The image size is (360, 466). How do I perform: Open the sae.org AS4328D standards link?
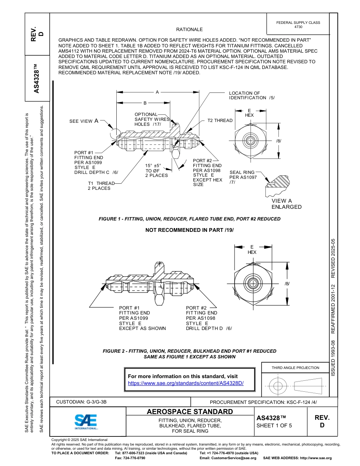[x=186, y=383]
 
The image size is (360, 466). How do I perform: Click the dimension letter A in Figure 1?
[x=157, y=92]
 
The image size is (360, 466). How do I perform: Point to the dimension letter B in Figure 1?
[x=145, y=103]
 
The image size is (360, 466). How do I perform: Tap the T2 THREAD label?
[x=220, y=120]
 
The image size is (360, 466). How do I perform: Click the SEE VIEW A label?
[x=84, y=121]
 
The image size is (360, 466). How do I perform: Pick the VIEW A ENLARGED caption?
[x=286, y=204]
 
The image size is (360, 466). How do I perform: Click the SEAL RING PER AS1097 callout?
[x=243, y=177]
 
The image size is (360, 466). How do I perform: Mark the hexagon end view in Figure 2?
[x=252, y=283]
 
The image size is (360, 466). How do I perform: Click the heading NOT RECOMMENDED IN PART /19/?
[x=189, y=230]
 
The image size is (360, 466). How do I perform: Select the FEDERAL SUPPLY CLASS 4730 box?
[x=298, y=25]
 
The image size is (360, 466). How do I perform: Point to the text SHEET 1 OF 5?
[x=274, y=425]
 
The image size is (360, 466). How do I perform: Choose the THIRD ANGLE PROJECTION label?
[x=295, y=367]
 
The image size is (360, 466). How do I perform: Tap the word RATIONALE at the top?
[x=189, y=29]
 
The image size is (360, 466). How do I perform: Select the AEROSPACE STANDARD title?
[x=190, y=411]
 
